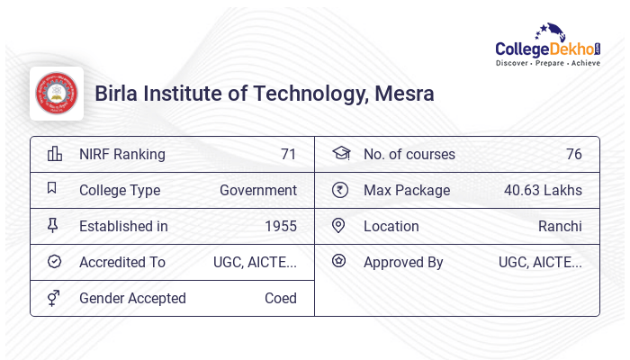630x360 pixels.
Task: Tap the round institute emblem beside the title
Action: coord(57,94)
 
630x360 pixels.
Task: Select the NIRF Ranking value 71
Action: coord(288,154)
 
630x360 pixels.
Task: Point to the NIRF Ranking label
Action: coord(122,154)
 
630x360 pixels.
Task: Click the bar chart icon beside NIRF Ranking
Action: coord(54,154)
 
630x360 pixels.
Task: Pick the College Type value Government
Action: coord(258,190)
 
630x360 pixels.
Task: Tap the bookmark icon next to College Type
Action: coord(52,189)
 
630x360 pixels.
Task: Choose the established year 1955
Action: coord(281,226)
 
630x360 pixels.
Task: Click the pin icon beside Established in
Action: coord(53,226)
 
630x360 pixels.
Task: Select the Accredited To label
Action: coord(122,262)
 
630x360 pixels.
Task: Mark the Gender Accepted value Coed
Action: coord(281,298)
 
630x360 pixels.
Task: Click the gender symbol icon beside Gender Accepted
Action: coord(54,298)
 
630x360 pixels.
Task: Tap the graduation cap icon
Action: coord(340,154)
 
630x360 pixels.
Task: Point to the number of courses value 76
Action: coord(573,154)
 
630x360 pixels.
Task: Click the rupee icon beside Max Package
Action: coord(339,190)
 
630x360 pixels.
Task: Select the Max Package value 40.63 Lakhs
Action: coord(543,190)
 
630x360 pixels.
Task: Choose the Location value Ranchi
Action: coord(560,226)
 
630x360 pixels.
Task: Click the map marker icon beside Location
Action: coord(338,226)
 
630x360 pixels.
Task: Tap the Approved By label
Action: coord(403,262)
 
